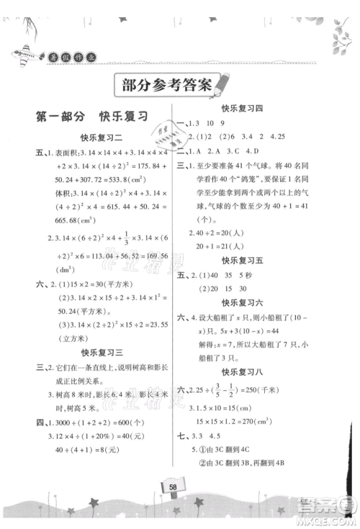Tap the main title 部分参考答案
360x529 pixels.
click(161, 84)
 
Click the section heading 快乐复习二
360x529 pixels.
click(99, 137)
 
